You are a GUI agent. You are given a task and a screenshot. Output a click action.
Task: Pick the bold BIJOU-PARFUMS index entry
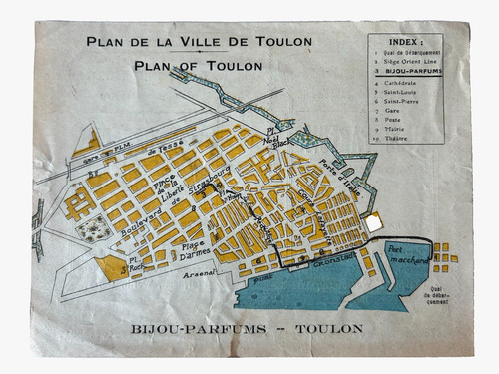[409, 73]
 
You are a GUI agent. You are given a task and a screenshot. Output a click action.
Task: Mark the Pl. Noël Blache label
[270, 137]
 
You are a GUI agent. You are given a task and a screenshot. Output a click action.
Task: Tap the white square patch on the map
[375, 225]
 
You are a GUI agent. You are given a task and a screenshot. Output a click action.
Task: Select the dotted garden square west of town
[90, 232]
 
